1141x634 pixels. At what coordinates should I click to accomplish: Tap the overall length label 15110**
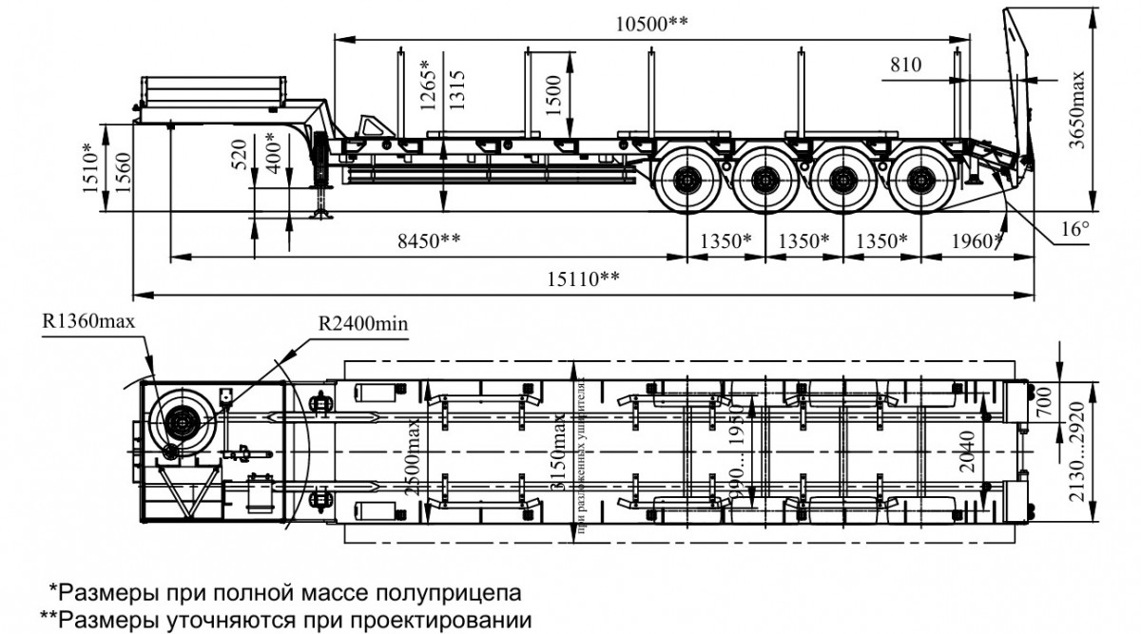pyautogui.click(x=583, y=279)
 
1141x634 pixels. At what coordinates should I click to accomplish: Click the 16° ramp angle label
pyautogui.click(x=1072, y=229)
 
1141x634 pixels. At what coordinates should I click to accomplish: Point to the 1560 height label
pyautogui.click(x=121, y=171)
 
